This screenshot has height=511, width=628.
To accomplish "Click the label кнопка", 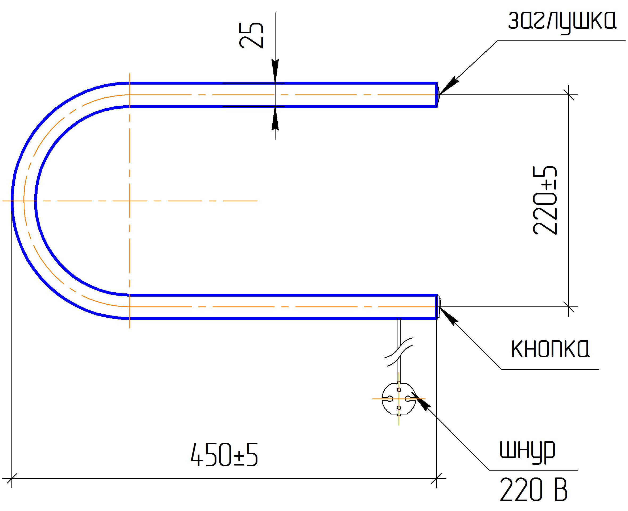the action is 550,349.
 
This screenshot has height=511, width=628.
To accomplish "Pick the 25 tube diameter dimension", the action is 251,35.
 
